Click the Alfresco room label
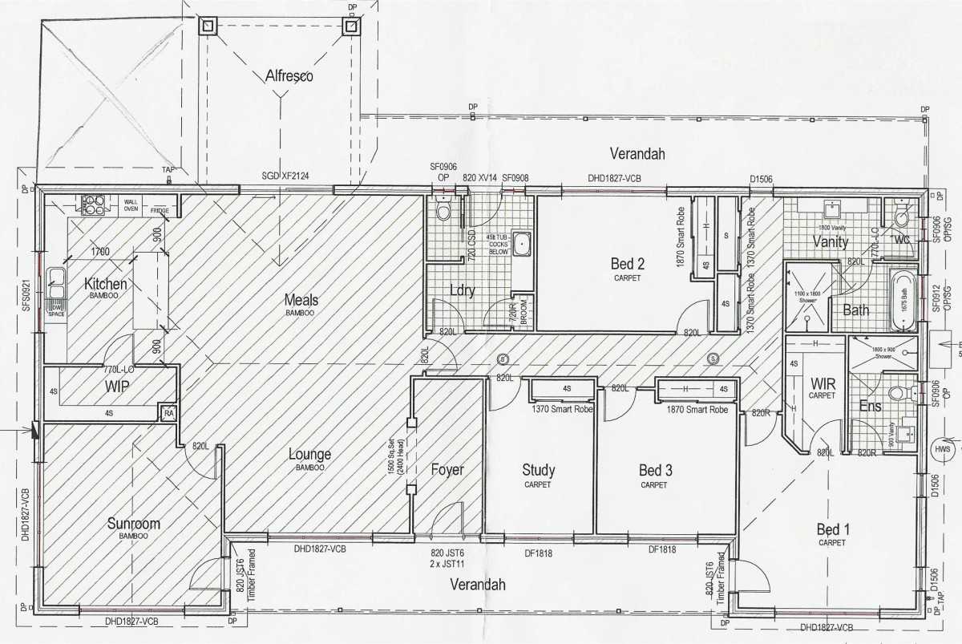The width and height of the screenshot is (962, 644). [x=289, y=76]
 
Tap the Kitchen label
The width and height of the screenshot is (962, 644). [x=105, y=284]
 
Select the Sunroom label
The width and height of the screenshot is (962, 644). [x=134, y=524]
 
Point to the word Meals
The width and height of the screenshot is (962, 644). [x=301, y=300]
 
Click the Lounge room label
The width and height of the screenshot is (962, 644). [x=309, y=454]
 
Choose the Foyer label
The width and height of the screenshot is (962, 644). [x=447, y=470]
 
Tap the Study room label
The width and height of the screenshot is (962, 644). [x=538, y=470]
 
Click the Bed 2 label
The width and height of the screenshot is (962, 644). [x=629, y=263]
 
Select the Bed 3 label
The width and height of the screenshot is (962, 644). [x=655, y=470]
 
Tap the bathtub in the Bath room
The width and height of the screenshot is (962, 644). [x=903, y=301]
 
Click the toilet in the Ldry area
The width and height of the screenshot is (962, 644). [x=443, y=211]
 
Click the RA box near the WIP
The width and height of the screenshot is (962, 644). [x=168, y=412]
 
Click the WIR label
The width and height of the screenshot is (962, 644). [x=823, y=384]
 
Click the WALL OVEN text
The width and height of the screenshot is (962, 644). [x=131, y=205]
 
